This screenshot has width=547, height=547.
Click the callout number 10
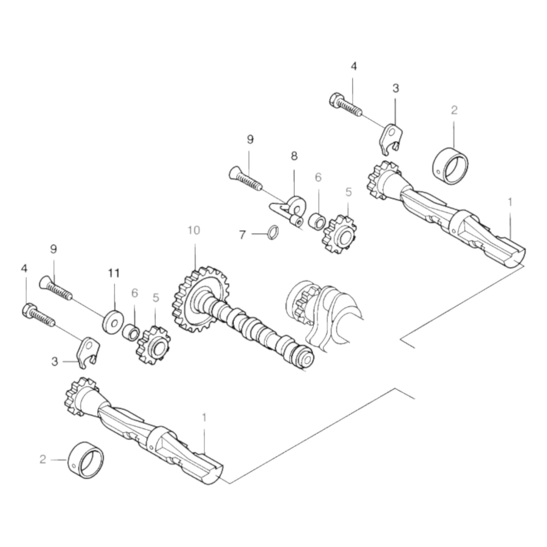pyautogui.click(x=193, y=230)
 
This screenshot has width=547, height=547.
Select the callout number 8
pyautogui.click(x=294, y=155)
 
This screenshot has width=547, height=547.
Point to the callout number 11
pyautogui.click(x=114, y=273)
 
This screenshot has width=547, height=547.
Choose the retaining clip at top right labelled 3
pyautogui.click(x=392, y=139)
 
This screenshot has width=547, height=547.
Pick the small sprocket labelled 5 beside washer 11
pyautogui.click(x=153, y=344)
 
